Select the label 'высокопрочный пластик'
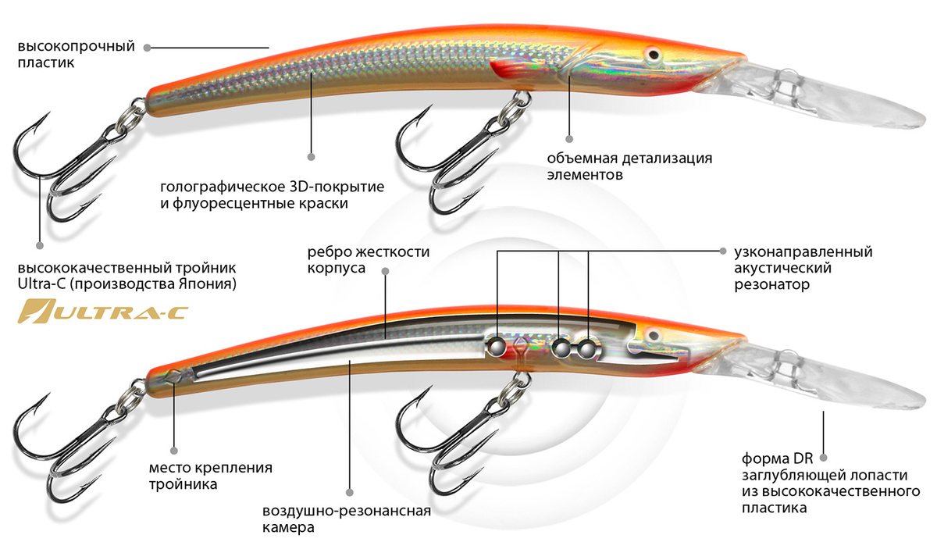tap(76, 55)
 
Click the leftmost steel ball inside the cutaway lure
tap(496, 345)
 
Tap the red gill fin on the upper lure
tap(511, 69)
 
